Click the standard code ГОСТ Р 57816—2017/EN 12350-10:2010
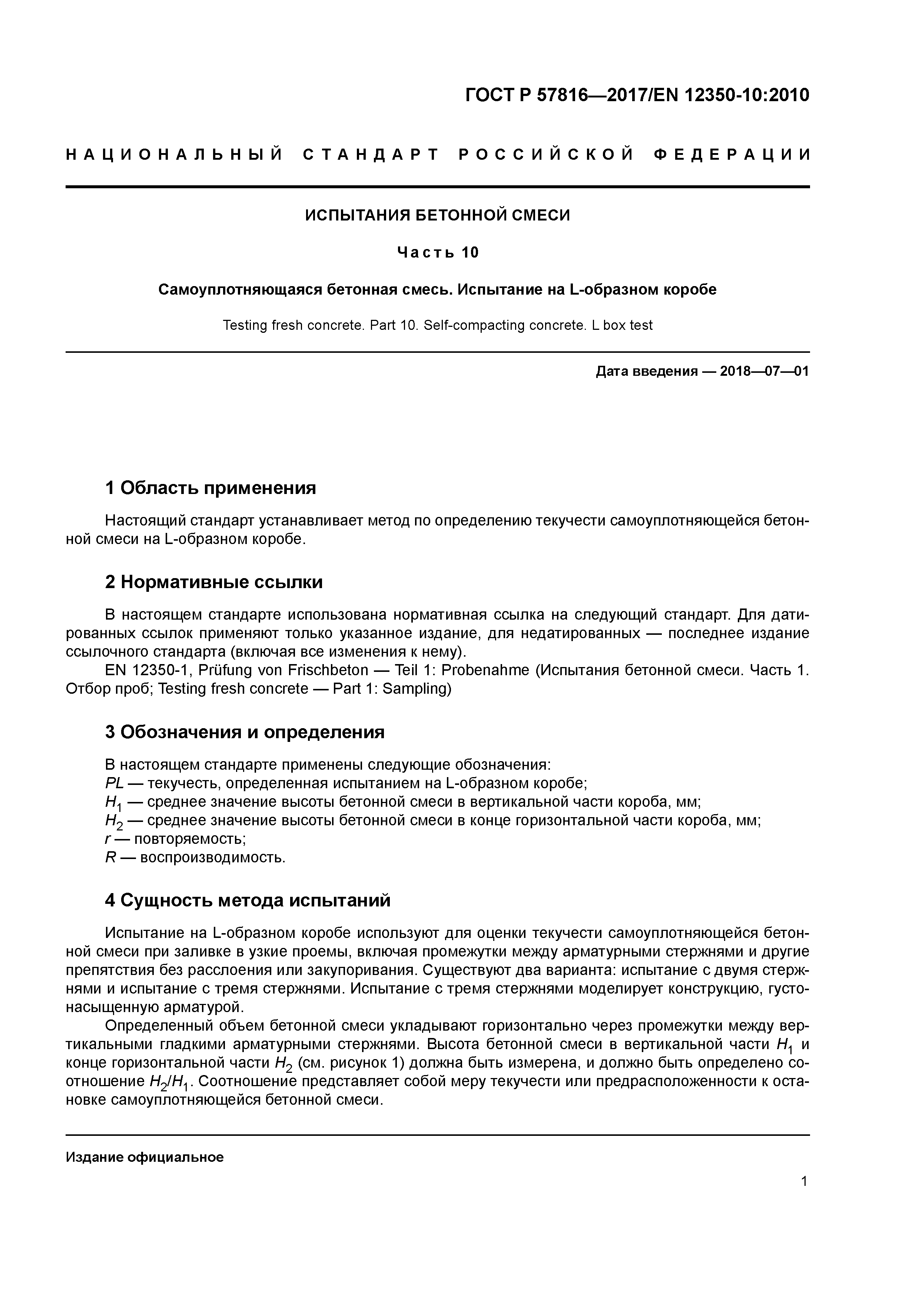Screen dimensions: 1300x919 tap(637, 95)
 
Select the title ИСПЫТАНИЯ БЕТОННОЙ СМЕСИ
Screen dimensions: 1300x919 tap(437, 215)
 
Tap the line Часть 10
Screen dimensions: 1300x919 tap(438, 252)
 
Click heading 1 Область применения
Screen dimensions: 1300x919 tap(210, 488)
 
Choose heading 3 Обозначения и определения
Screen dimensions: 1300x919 tap(245, 732)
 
